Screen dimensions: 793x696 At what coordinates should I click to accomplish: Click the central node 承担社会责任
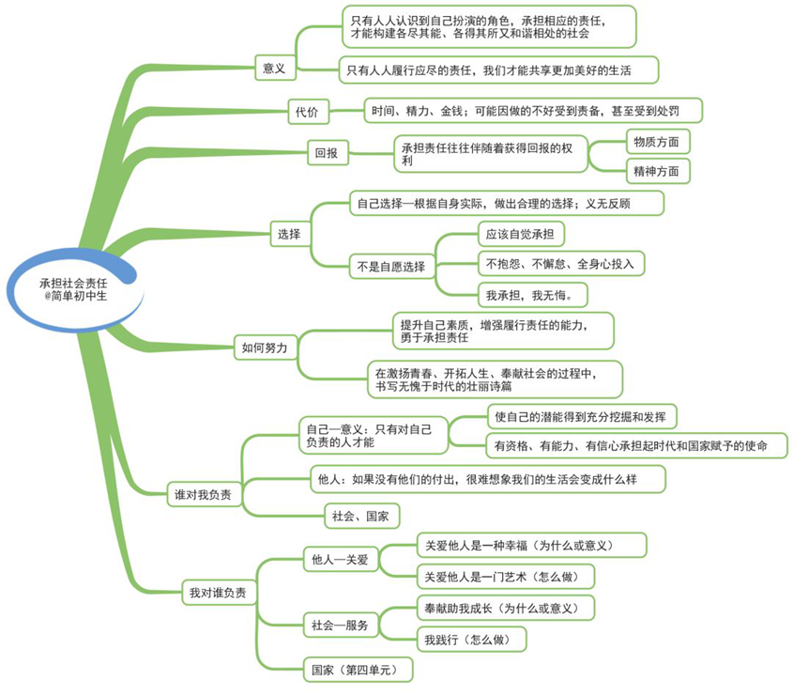click(x=74, y=289)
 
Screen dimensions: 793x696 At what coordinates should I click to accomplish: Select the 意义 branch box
click(x=275, y=68)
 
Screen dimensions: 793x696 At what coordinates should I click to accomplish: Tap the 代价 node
click(x=308, y=112)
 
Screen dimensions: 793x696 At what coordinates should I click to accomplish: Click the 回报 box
click(x=328, y=152)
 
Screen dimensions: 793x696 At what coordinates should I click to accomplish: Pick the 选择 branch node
click(x=290, y=234)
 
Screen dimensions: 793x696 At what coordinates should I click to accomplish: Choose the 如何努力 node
click(x=266, y=348)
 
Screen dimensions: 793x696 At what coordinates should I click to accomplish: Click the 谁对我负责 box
click(x=205, y=494)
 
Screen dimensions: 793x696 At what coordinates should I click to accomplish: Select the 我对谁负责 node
click(x=219, y=593)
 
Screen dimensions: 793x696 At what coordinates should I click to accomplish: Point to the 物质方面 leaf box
click(x=658, y=142)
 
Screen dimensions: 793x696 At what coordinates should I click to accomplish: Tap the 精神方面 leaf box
click(x=658, y=171)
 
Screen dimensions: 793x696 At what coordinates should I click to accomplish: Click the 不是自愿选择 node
click(x=392, y=266)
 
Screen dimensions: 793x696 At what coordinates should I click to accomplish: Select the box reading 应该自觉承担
click(x=521, y=234)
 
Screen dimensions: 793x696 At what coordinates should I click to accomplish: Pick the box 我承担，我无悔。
click(x=532, y=295)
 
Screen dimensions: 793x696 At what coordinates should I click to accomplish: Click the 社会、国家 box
click(x=361, y=516)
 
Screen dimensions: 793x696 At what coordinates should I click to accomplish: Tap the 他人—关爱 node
click(x=341, y=559)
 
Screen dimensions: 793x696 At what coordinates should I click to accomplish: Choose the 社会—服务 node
click(x=341, y=626)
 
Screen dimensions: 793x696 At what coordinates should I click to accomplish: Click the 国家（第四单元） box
click(x=358, y=670)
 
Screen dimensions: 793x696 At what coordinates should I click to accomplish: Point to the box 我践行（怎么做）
click(x=471, y=640)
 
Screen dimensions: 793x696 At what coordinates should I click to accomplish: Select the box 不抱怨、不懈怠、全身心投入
click(x=561, y=263)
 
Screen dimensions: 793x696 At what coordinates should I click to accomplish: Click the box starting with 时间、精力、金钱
click(x=533, y=110)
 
